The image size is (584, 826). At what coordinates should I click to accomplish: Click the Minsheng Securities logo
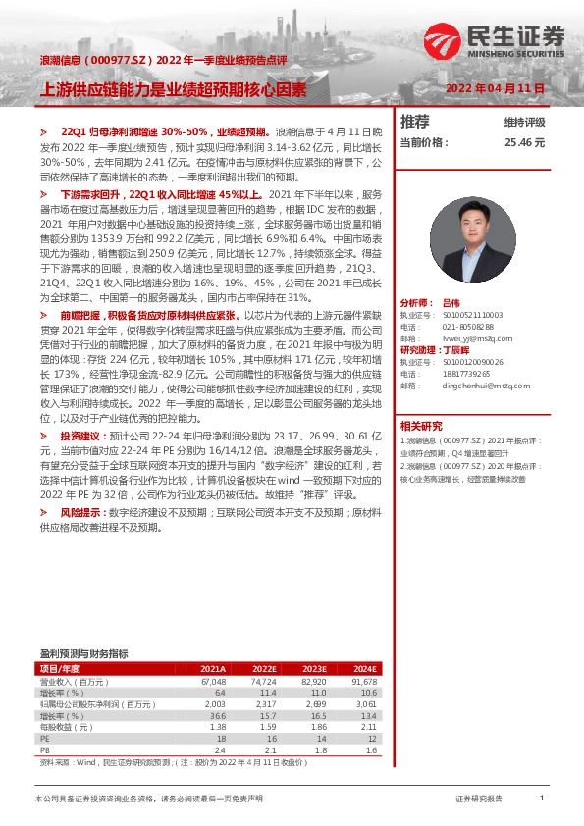pyautogui.click(x=497, y=42)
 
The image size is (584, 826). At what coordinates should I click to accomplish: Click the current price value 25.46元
pyautogui.click(x=524, y=142)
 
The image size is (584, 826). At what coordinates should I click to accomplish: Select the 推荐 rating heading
pyautogui.click(x=415, y=122)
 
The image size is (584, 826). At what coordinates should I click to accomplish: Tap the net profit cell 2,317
pyautogui.click(x=264, y=703)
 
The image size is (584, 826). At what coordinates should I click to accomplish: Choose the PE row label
pyautogui.click(x=44, y=738)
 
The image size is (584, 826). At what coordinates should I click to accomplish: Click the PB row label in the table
pyautogui.click(x=44, y=749)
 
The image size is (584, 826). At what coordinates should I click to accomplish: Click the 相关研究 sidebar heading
pyautogui.click(x=422, y=425)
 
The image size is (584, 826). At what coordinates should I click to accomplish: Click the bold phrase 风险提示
pyautogui.click(x=80, y=512)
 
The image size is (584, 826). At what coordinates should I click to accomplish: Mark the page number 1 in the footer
pyautogui.click(x=542, y=800)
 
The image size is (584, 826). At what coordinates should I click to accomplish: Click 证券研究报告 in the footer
pyautogui.click(x=479, y=800)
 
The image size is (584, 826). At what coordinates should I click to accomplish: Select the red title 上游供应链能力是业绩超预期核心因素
pyautogui.click(x=172, y=88)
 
